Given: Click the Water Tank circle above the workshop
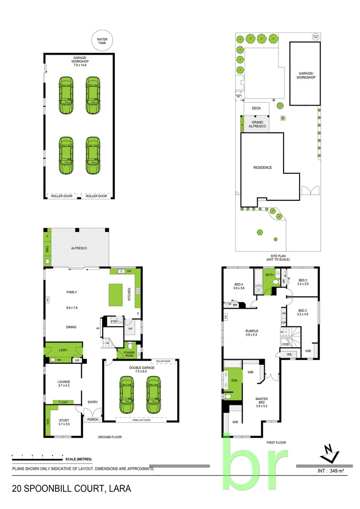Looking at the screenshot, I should coord(102,41).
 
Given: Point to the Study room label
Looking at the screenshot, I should coord(64,422).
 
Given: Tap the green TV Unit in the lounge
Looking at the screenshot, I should coord(63,402).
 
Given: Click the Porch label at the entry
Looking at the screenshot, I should coord(92,419).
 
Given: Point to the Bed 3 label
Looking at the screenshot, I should coord(302,282).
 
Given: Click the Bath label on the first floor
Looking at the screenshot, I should coord(270,275).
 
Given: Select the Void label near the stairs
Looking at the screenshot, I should coord(285,345).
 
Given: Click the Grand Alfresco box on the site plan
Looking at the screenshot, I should coord(257,124).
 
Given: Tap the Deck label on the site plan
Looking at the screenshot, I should coord(256,108).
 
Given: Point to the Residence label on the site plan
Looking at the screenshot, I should coord(262,167).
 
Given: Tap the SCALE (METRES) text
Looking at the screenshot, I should coord(79,459).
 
